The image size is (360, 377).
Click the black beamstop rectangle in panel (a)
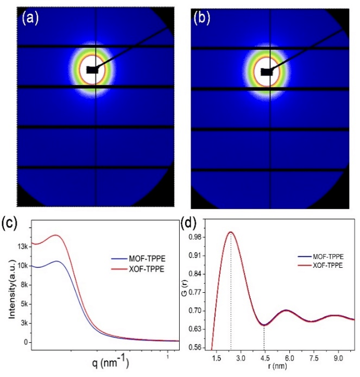[92, 70]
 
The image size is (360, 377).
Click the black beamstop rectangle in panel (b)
[267, 72]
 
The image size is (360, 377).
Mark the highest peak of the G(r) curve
[231, 232]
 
